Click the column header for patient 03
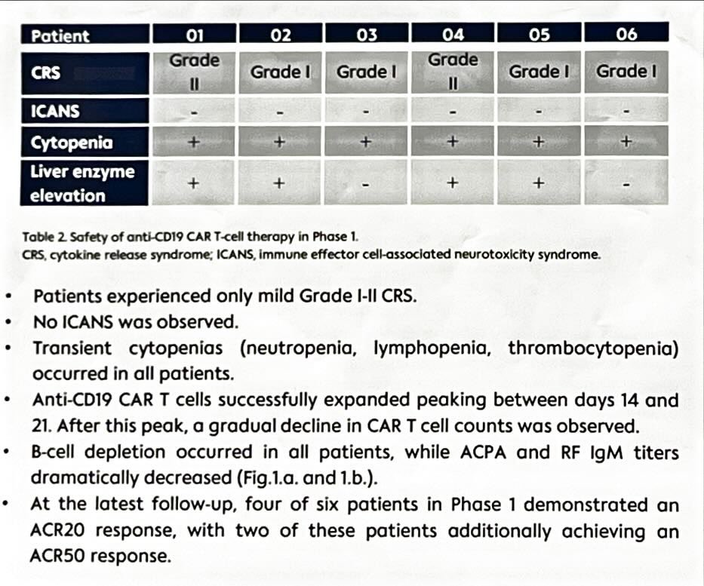point(367,34)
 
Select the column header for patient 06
point(626,34)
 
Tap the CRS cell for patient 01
point(194,72)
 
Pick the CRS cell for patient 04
point(453,72)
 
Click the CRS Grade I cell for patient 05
point(539,72)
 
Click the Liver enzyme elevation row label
point(82,183)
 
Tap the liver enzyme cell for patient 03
point(367,184)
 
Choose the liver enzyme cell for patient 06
point(626,184)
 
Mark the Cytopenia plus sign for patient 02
point(280,143)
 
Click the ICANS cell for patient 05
point(539,112)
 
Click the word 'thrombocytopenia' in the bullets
point(590,348)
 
